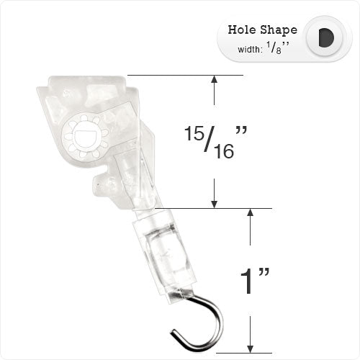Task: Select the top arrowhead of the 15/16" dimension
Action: [214, 81]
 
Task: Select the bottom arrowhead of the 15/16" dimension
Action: [214, 202]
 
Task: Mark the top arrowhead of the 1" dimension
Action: [250, 215]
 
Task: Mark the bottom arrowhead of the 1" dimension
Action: [250, 346]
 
